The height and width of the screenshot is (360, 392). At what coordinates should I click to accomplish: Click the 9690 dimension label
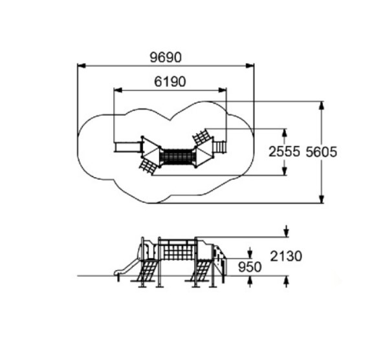(166, 58)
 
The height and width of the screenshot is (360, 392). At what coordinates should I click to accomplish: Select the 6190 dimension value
(170, 81)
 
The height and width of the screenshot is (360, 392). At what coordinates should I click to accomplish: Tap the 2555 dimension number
(284, 152)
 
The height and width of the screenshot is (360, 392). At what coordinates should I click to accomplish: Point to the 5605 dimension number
(321, 152)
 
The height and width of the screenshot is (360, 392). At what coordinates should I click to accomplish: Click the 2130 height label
(286, 257)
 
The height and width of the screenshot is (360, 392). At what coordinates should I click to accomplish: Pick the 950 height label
(250, 267)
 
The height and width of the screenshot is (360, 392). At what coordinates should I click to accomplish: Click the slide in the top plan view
(127, 147)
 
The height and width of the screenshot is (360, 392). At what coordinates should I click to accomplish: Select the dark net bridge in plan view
(177, 156)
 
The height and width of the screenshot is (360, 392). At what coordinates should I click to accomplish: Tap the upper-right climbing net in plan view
(202, 136)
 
